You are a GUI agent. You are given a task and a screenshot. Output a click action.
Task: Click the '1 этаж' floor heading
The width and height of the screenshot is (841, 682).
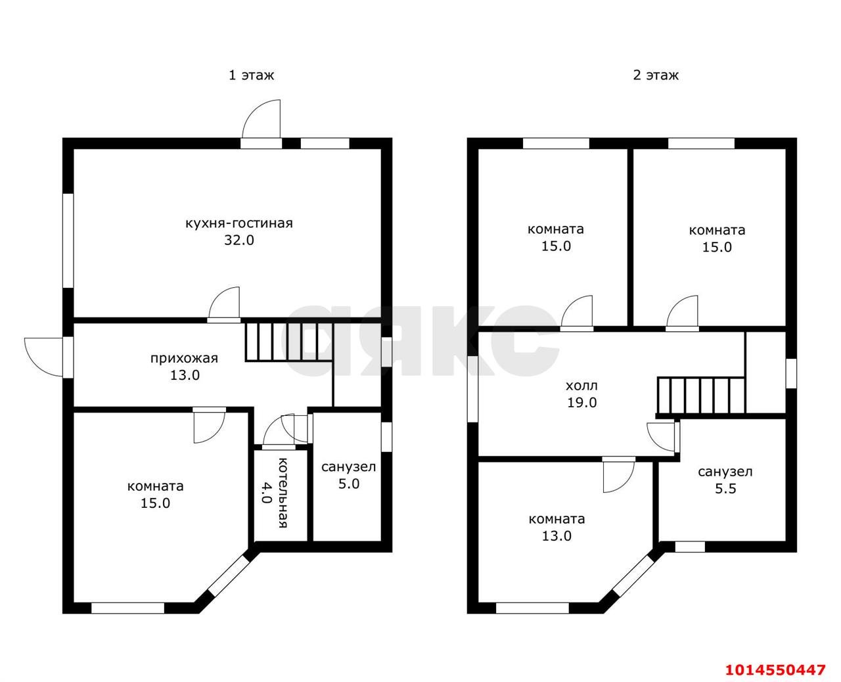251,75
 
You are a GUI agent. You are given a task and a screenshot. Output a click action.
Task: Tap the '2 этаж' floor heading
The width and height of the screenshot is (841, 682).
656,75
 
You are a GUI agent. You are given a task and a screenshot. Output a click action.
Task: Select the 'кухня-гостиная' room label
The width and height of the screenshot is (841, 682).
239,223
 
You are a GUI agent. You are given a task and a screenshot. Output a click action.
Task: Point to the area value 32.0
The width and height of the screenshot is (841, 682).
239,240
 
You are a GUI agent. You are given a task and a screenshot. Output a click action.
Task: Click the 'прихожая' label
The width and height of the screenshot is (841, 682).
184,359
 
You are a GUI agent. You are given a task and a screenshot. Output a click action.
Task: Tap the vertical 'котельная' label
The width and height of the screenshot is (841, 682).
283,492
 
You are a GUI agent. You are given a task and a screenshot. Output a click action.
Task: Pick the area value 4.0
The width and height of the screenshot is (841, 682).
267,491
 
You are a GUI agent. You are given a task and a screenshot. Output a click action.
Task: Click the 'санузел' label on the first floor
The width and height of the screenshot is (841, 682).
348,466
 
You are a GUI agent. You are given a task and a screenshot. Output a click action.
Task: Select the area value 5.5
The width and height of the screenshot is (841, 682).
725,488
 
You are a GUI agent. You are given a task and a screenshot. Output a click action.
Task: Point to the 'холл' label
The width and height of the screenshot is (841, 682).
581,386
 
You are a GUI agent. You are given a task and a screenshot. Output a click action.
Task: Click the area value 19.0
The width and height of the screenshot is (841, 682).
581,402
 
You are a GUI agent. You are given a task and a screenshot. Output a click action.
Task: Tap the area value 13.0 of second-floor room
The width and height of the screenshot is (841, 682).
557,536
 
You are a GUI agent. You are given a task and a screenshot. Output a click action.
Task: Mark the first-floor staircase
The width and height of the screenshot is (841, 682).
288,342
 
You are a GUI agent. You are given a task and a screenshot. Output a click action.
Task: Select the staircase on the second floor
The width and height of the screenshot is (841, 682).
700,396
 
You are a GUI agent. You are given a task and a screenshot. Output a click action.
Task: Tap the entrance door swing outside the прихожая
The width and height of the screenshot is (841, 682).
43,357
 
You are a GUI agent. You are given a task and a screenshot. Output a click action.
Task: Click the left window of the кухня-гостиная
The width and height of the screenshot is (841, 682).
68,240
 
